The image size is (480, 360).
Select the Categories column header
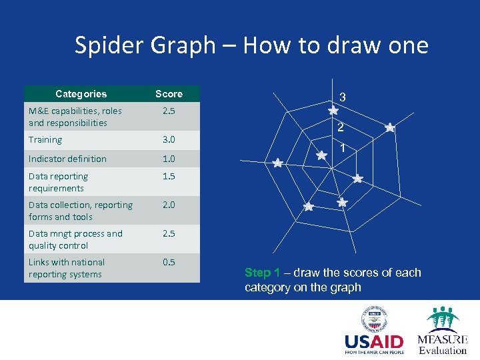81,94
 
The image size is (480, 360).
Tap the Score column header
168,94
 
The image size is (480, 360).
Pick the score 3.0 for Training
168,140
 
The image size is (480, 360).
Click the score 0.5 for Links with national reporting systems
168,263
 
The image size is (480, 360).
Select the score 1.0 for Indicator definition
168,159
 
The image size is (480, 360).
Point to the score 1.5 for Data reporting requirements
168,177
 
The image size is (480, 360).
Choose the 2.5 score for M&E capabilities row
168,111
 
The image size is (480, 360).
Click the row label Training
45,140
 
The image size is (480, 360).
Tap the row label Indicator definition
67,159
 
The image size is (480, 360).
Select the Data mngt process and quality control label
75,239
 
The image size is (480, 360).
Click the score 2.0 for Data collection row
168,205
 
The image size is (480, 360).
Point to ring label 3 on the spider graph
342,98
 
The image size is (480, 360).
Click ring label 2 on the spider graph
340,128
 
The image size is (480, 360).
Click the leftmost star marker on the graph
277,163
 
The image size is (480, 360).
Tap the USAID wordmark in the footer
374,343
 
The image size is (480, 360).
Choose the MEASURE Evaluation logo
442,331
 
